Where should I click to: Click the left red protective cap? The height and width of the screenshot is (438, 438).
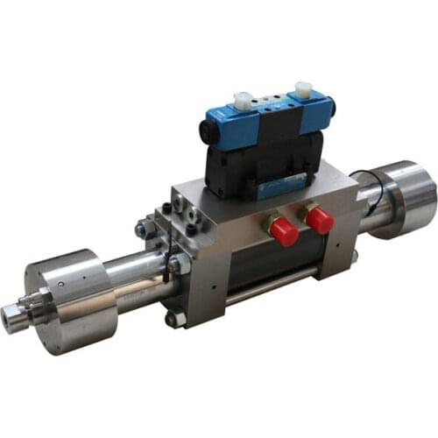pos(283,232)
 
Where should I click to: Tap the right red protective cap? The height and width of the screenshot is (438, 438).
pos(320,220)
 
